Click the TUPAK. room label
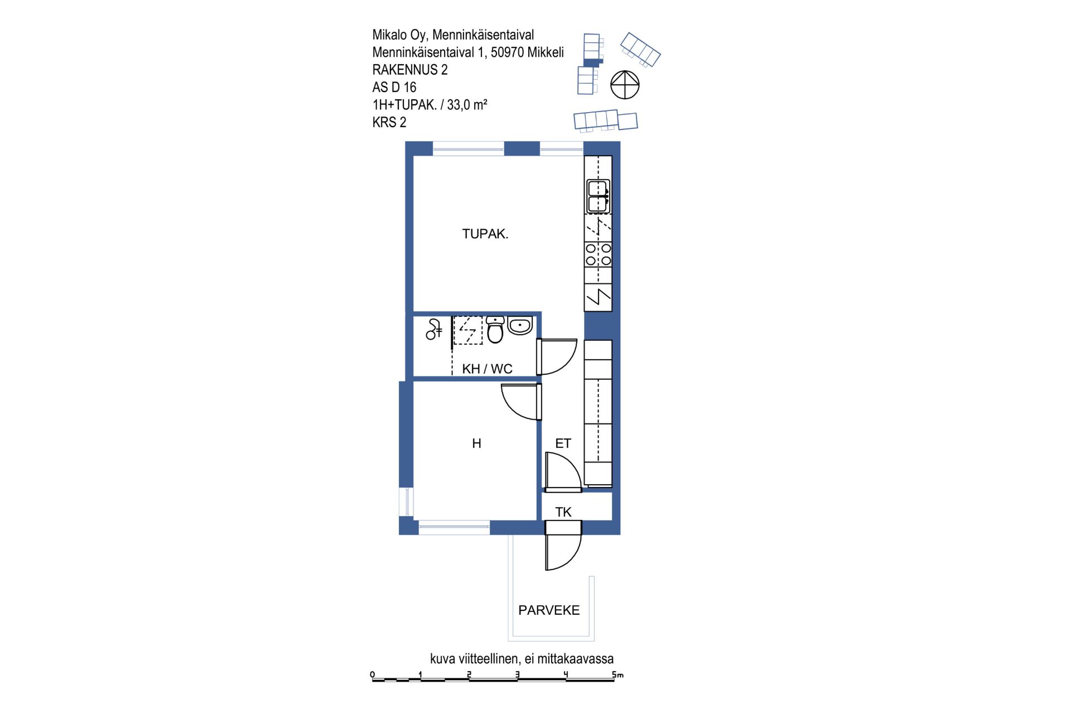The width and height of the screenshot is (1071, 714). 485,234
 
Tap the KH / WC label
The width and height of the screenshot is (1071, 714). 487,369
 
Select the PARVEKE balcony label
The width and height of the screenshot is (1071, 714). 549,610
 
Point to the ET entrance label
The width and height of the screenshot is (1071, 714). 563,443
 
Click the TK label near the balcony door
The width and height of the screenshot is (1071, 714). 563,512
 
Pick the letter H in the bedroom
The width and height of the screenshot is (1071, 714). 476,443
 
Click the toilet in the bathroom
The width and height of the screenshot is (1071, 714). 495,329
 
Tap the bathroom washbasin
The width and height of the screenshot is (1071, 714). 520,325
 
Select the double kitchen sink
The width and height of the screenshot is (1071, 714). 598,196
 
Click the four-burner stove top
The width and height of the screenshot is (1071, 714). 598,254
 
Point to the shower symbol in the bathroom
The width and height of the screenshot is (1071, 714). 434,329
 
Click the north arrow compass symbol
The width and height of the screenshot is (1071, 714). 625,85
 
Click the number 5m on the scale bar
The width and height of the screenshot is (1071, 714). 617,675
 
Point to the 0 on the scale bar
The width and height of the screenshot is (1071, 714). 373,675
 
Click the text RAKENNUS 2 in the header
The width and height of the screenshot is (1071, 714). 410,70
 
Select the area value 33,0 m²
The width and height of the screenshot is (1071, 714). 467,105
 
